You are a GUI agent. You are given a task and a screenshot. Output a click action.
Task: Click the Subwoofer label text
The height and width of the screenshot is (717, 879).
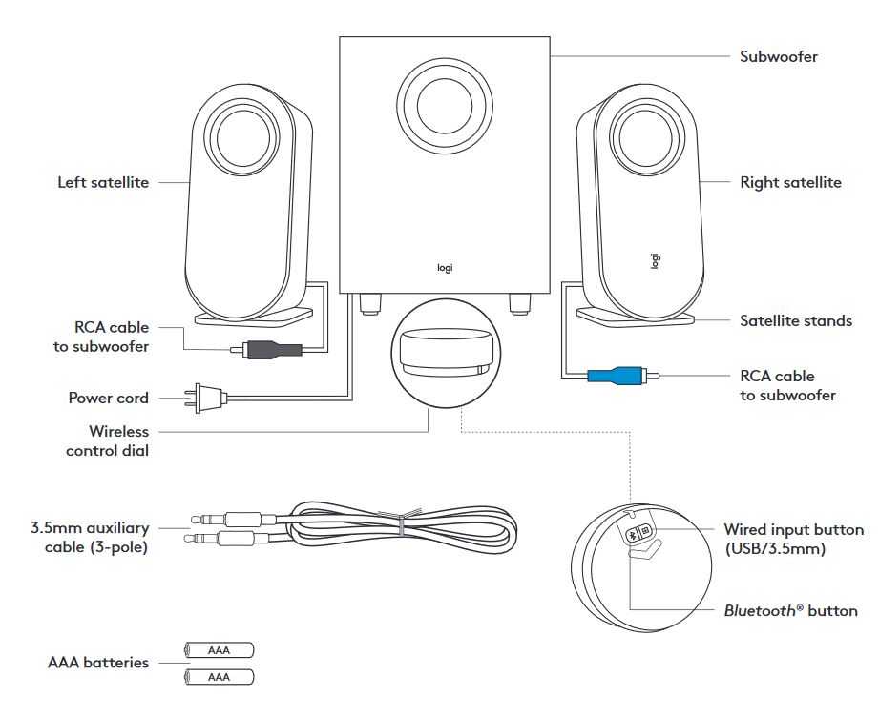click(779, 56)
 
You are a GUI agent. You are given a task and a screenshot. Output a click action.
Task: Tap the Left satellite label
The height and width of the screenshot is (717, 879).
click(103, 182)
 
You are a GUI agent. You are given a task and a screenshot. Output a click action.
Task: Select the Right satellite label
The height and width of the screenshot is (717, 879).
click(790, 182)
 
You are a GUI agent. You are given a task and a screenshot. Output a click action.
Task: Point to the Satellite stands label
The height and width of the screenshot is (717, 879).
click(796, 321)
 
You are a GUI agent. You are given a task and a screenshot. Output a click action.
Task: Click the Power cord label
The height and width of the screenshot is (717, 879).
click(108, 399)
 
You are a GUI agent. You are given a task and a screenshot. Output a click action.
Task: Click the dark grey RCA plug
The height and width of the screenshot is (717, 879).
click(273, 350)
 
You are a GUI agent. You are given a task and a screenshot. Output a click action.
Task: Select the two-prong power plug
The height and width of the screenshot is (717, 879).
click(205, 398)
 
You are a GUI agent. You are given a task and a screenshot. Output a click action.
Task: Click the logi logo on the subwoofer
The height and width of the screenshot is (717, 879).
click(445, 268)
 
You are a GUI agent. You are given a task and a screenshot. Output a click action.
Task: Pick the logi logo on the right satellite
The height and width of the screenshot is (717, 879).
click(655, 259)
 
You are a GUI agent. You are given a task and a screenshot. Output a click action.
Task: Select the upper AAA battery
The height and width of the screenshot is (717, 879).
click(220, 650)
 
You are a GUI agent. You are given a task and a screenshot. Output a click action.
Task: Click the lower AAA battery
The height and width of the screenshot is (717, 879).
click(220, 677)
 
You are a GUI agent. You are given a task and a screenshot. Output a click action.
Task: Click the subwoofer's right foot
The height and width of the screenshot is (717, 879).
click(520, 302)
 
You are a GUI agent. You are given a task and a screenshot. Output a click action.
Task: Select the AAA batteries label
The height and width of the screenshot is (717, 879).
click(98, 662)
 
